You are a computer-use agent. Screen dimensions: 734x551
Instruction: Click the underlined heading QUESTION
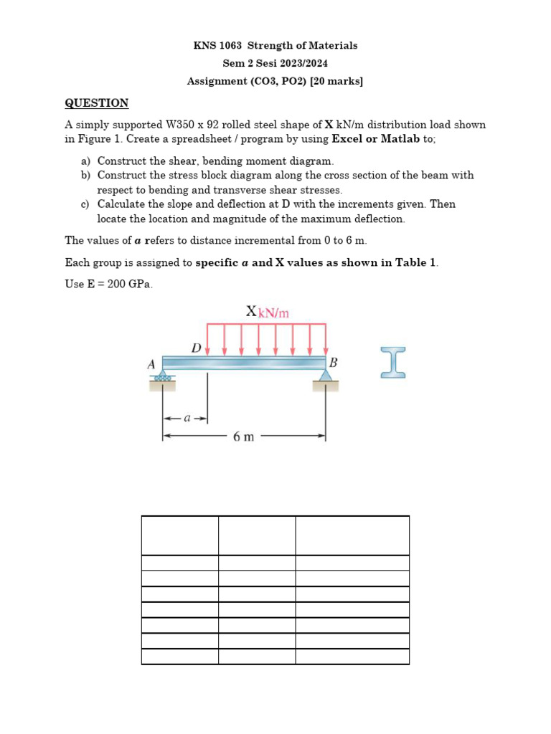pyautogui.click(x=97, y=103)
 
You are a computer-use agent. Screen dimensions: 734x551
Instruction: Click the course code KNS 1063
pyautogui.click(x=217, y=46)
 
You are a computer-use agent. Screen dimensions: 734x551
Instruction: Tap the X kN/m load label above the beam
pyautogui.click(x=267, y=312)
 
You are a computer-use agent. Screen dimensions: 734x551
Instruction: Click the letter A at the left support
pyautogui.click(x=151, y=364)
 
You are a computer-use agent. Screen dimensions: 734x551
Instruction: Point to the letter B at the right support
pyautogui.click(x=333, y=363)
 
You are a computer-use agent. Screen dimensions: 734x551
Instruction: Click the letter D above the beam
pyautogui.click(x=196, y=348)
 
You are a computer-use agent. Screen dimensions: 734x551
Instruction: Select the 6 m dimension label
pyautogui.click(x=243, y=437)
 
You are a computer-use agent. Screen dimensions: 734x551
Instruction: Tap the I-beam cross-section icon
pyautogui.click(x=393, y=362)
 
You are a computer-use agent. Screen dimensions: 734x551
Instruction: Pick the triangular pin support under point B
pyautogui.click(x=326, y=375)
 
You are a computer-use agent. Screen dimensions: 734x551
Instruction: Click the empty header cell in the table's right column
pyautogui.click(x=352, y=535)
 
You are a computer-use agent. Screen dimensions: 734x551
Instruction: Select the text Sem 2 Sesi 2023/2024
pyautogui.click(x=275, y=64)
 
